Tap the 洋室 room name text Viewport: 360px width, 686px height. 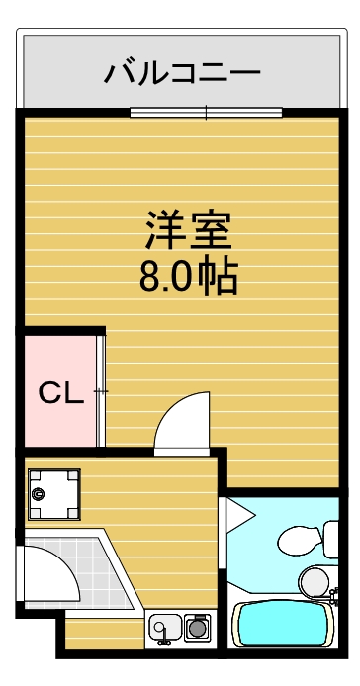[188, 231]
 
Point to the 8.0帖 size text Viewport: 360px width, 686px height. [188, 276]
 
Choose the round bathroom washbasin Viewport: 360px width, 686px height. [314, 580]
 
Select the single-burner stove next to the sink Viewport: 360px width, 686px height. [197, 626]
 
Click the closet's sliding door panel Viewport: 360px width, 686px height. [100, 391]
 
